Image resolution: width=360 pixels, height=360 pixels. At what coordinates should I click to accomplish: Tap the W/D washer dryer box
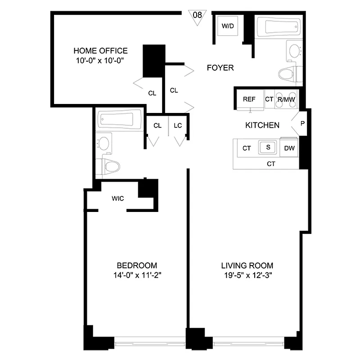228,26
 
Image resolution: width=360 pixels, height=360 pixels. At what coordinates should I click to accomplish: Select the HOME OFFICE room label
100,51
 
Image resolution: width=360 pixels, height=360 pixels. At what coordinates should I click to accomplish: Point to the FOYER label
220,68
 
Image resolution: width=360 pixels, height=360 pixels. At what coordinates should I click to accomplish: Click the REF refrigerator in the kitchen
249,99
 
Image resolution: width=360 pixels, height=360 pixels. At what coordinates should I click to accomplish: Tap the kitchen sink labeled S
268,147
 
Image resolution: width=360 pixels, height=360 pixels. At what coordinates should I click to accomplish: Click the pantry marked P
302,122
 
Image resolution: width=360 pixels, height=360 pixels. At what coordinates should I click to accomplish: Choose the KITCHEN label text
262,125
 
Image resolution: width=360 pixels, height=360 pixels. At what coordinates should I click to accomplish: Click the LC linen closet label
178,126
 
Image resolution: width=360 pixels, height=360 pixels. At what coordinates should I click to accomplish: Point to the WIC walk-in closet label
118,198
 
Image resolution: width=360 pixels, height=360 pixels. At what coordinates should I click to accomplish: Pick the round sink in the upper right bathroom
295,51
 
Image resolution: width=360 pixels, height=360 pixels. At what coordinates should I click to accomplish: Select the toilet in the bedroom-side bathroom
109,166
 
